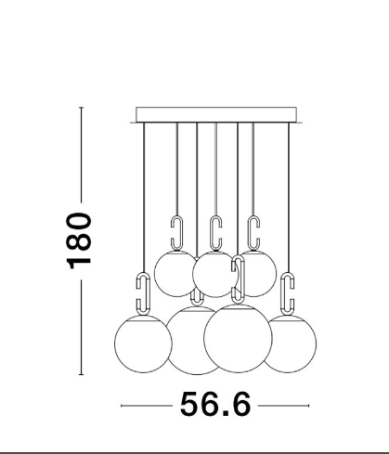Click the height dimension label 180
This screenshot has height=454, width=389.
pyautogui.click(x=79, y=240)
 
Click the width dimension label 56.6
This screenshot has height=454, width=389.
pyautogui.click(x=215, y=404)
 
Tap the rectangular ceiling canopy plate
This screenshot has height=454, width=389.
pyautogui.click(x=216, y=115)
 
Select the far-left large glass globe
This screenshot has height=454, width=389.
pyautogui.click(x=143, y=344)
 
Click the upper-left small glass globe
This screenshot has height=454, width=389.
pyautogui.click(x=175, y=274)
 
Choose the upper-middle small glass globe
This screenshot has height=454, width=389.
pyautogui.click(x=214, y=274)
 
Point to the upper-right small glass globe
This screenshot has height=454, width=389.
pyautogui.click(x=258, y=274)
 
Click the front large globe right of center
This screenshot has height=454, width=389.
pyautogui.click(x=238, y=338)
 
